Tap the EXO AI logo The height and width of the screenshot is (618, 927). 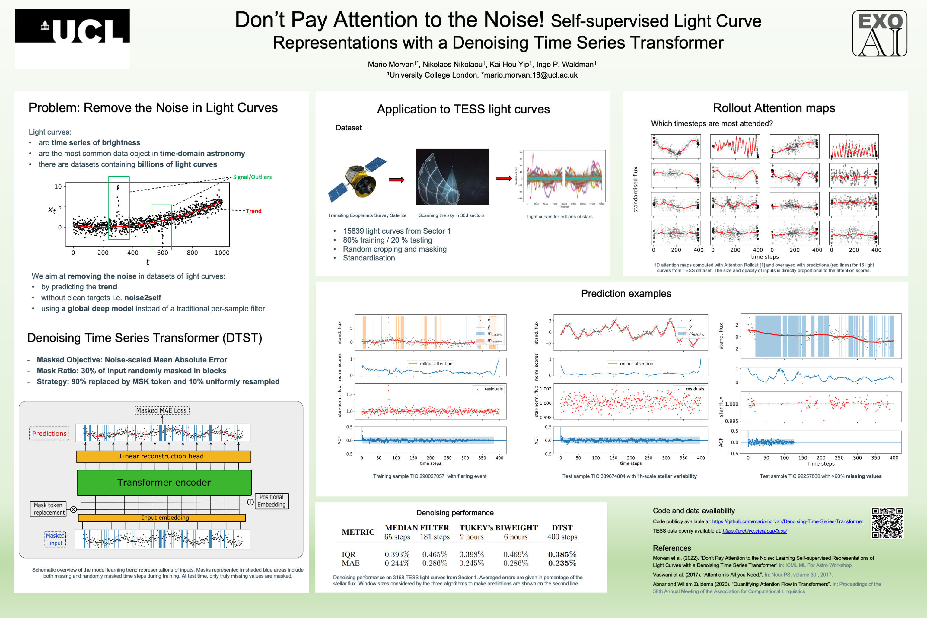click(879, 33)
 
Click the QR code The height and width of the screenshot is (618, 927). click(887, 523)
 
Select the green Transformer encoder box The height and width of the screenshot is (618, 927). click(164, 483)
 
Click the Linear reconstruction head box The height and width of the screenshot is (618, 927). click(163, 456)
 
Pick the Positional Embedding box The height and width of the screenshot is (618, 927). click(272, 501)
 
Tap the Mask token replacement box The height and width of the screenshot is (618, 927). click(48, 509)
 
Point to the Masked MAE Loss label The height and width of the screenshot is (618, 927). click(162, 411)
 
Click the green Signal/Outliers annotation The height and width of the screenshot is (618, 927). click(252, 177)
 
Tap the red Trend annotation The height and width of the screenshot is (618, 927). click(253, 211)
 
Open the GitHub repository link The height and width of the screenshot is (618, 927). click(787, 521)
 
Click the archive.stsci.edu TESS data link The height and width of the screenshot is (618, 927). click(754, 531)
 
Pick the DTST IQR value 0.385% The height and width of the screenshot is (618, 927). click(562, 554)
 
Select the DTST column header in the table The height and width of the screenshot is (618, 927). click(562, 528)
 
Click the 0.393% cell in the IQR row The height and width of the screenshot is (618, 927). click(397, 554)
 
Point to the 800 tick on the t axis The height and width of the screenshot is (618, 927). click(192, 253)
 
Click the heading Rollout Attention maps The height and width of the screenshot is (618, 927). click(774, 108)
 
